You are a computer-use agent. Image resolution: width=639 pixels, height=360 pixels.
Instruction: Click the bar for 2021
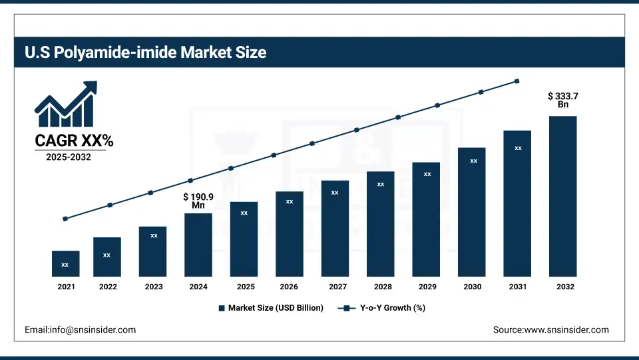click(x=65, y=263)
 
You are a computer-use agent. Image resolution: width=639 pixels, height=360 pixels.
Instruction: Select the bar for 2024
click(x=198, y=245)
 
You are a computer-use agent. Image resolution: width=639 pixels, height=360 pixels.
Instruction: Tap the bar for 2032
click(x=562, y=196)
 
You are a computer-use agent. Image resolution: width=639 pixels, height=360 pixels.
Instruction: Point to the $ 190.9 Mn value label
click(x=198, y=201)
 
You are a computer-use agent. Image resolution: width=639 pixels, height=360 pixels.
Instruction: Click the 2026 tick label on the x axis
click(x=289, y=287)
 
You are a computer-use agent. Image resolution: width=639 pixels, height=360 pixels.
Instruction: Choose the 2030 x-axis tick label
click(x=473, y=287)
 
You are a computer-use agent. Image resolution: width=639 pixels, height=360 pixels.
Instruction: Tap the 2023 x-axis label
click(x=153, y=287)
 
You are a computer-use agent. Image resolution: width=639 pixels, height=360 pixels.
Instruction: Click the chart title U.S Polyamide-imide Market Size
click(x=146, y=53)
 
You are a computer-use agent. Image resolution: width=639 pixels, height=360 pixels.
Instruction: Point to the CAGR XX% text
click(x=74, y=141)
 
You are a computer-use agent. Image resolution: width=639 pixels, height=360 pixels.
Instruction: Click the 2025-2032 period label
click(x=69, y=157)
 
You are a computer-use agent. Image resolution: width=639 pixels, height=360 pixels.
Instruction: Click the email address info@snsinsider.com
click(x=80, y=329)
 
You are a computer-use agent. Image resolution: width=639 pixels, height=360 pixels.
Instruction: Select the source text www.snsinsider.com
click(x=550, y=329)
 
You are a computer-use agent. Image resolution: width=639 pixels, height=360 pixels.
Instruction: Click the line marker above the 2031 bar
click(x=517, y=81)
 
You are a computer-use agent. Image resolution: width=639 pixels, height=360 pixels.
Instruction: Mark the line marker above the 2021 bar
click(x=65, y=219)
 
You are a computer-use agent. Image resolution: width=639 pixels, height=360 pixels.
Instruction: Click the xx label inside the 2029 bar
click(x=427, y=174)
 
